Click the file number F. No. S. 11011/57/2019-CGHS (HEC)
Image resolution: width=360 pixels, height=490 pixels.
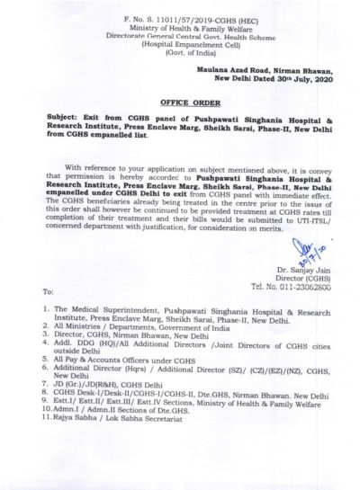[175, 20]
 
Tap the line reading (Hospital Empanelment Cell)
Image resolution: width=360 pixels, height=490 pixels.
[175, 47]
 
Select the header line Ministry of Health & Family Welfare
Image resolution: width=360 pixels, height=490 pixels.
[175, 29]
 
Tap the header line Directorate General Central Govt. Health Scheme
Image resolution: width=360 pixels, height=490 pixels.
[175, 38]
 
